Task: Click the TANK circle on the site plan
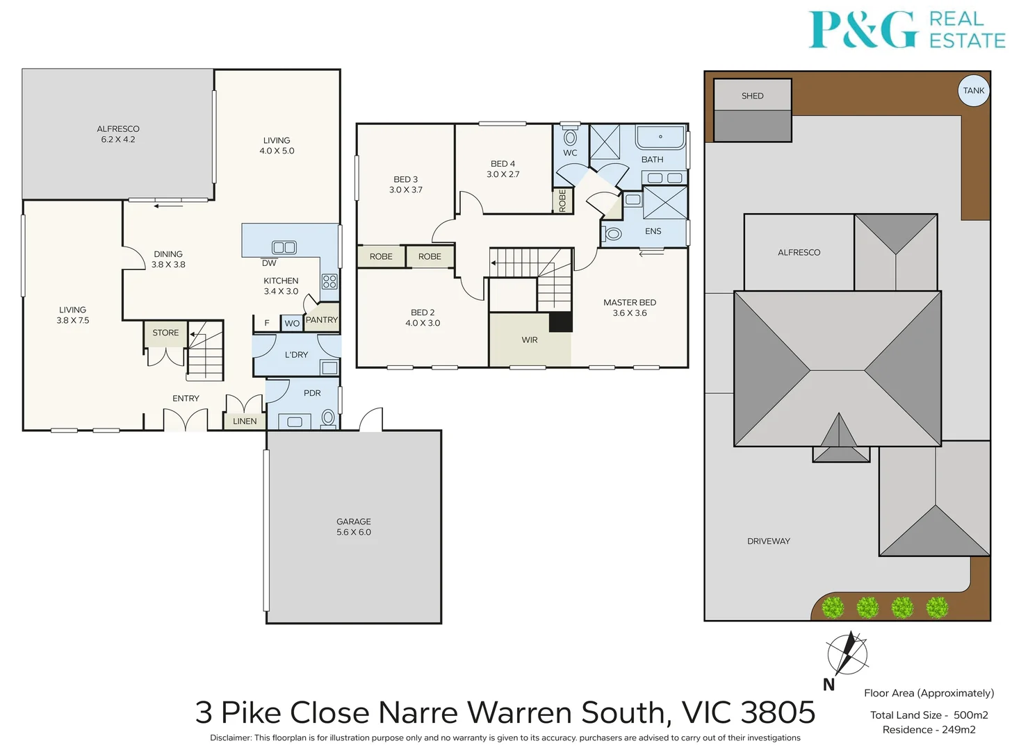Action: click(x=973, y=90)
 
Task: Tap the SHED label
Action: click(x=752, y=96)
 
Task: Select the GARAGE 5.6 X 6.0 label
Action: click(x=354, y=526)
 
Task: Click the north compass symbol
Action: click(x=847, y=654)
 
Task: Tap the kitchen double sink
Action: click(x=284, y=247)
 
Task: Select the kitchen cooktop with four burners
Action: click(x=329, y=281)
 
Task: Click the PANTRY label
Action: click(x=322, y=319)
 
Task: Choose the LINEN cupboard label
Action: click(x=245, y=422)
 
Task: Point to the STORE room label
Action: click(x=165, y=333)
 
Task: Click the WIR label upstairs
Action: click(x=530, y=340)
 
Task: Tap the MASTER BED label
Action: click(x=630, y=302)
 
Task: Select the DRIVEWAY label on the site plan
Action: click(x=768, y=541)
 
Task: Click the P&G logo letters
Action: click(x=863, y=30)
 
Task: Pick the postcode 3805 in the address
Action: click(x=778, y=712)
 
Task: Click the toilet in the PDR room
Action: click(x=328, y=417)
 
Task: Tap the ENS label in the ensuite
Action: click(x=653, y=231)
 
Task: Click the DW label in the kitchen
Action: click(x=269, y=263)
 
